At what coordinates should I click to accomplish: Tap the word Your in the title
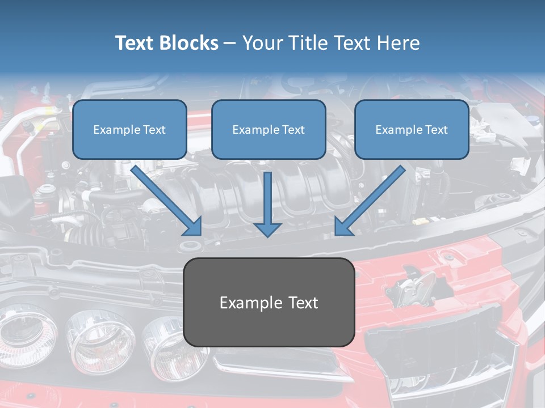coord(263,43)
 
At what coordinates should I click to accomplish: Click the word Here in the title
coord(397,43)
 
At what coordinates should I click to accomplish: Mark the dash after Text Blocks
coord(230,44)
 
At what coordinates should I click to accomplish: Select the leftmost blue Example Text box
coord(129,129)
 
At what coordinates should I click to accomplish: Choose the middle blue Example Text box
coord(269,129)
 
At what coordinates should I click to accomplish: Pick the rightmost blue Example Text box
coord(412,129)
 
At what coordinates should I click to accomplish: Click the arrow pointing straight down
coord(267,204)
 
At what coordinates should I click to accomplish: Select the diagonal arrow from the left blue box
coord(167,201)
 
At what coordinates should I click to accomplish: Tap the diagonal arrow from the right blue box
coord(370,201)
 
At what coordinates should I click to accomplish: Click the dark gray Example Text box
coord(269,302)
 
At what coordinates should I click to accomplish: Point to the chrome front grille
coord(448,363)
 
